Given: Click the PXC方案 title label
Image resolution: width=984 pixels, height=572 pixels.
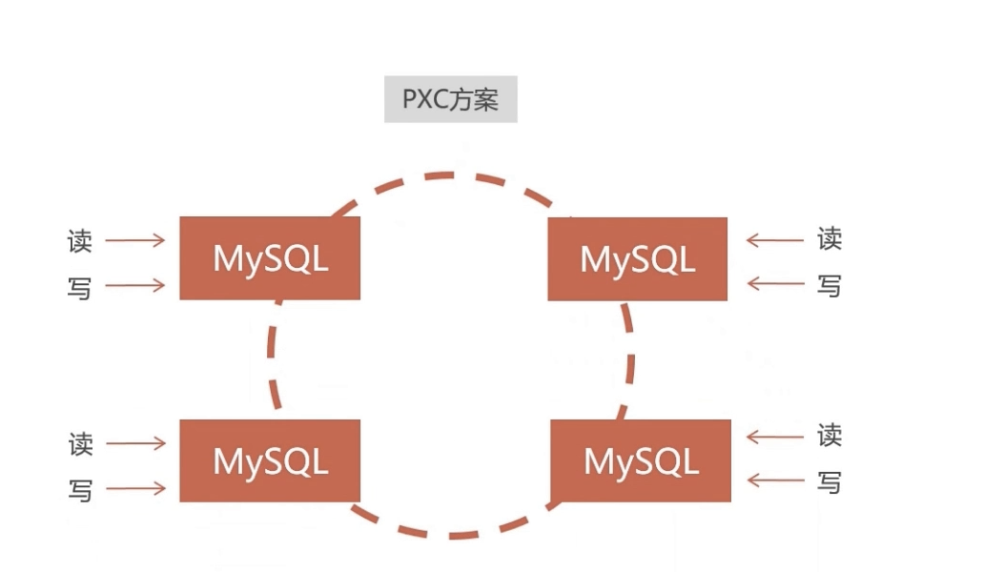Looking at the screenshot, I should point(451,100).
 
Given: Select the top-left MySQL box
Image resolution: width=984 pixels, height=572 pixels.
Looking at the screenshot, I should point(270,258).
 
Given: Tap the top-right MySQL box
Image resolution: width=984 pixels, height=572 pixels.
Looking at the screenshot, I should point(637,259).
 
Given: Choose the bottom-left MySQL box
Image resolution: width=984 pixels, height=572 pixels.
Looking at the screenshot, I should point(270,460).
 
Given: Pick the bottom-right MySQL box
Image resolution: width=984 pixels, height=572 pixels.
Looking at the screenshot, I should point(641,461).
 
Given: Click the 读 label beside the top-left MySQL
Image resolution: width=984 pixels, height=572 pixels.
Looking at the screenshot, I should point(80,241).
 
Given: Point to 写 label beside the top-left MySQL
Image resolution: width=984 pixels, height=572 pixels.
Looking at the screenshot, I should point(80,287).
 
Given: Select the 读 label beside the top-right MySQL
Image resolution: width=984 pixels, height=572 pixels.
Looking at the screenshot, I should point(830,239).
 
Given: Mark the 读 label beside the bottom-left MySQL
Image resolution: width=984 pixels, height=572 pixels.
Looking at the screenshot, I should point(80,444).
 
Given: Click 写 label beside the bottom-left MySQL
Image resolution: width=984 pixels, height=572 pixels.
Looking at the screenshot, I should point(80,491).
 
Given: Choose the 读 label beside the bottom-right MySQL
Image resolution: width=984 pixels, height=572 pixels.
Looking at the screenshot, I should point(830,437).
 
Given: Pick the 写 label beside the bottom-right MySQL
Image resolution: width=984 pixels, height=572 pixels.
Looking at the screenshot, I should point(830,482).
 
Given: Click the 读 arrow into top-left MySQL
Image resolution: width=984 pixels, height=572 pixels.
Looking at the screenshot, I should point(134,241).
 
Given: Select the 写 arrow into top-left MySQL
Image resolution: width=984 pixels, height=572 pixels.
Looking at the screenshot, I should point(134,285).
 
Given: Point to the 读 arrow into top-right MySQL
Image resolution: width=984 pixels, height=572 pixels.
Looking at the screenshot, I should point(774,240).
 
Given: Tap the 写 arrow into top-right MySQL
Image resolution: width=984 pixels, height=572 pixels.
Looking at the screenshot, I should point(774,283).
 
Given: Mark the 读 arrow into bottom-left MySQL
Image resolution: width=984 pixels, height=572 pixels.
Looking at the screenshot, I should point(134,443).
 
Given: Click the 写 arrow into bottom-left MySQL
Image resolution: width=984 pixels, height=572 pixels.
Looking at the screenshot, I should point(134,489).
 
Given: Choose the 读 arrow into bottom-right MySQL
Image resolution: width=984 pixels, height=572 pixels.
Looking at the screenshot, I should point(774,437).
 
